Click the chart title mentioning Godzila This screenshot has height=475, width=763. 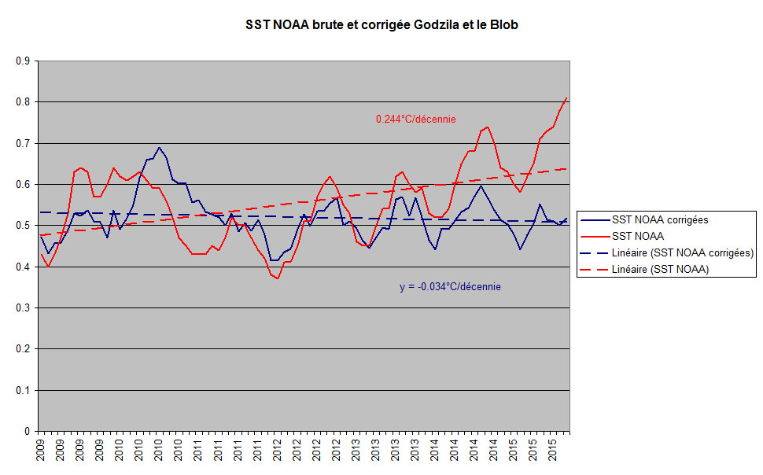tap(381, 25)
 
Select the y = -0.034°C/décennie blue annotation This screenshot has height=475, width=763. tap(450, 286)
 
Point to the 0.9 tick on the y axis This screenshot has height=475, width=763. tap(24, 61)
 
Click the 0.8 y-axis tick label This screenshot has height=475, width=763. tap(24, 102)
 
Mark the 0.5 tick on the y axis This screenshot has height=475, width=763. tap(24, 226)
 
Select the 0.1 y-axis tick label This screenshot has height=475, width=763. tap(24, 390)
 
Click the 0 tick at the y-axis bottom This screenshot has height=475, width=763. tap(28, 431)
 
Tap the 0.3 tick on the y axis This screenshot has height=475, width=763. tap(24, 307)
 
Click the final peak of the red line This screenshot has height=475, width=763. tap(566, 98)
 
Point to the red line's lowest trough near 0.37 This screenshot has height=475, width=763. tap(278, 278)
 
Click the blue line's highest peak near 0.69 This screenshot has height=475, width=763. tap(159, 147)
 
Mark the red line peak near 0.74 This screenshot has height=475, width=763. tap(488, 127)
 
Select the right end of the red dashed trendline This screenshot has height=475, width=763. tap(567, 168)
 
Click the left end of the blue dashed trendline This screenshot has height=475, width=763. tap(41, 212)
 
